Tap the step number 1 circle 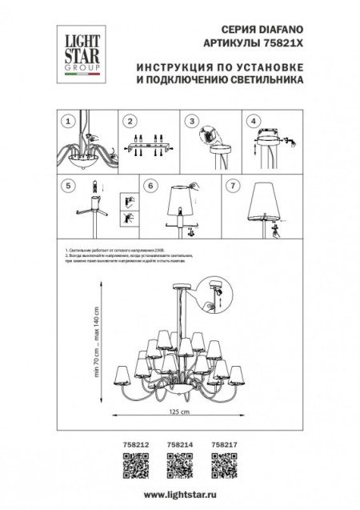[68, 122]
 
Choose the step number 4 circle [254, 122]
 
